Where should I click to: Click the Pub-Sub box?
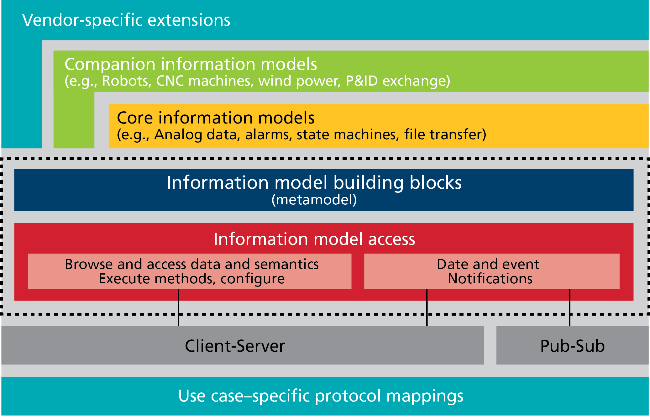coord(572,345)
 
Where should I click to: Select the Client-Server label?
coord(235,346)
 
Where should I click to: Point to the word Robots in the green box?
coord(125,81)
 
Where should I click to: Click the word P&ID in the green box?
coord(362,81)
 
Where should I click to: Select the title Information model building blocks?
coord(314,182)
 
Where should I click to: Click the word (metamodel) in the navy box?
coord(314,200)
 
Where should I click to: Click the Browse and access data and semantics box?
coord(190,271)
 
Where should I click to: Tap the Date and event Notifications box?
coord(492,271)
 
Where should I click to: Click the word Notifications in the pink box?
coord(490,279)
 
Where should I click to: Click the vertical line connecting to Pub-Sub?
coord(569,307)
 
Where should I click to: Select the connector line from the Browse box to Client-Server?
coord(178,307)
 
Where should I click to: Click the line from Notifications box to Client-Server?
coord(427,307)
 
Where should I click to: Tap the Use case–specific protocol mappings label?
coord(321,396)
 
